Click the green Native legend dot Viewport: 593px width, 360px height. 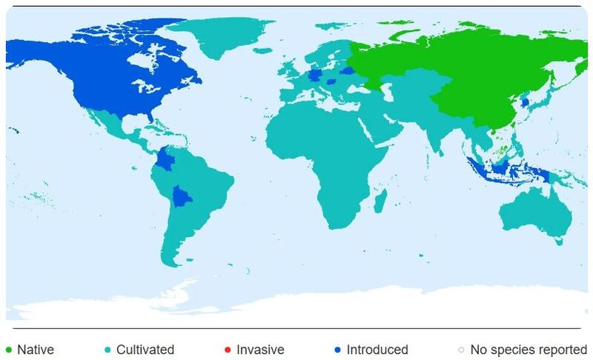pos(9,350)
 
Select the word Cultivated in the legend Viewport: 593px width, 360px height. pos(145,350)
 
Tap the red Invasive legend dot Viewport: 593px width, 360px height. pos(228,350)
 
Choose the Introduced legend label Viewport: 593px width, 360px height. pos(377,350)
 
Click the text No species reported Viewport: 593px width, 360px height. pos(527,350)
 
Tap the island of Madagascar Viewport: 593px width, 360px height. pos(381,199)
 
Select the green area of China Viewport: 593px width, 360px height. pos(482,104)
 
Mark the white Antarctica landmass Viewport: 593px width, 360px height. pos(296,304)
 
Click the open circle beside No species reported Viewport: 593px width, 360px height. pos(461,350)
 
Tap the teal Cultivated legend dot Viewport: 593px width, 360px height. pos(108,350)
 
